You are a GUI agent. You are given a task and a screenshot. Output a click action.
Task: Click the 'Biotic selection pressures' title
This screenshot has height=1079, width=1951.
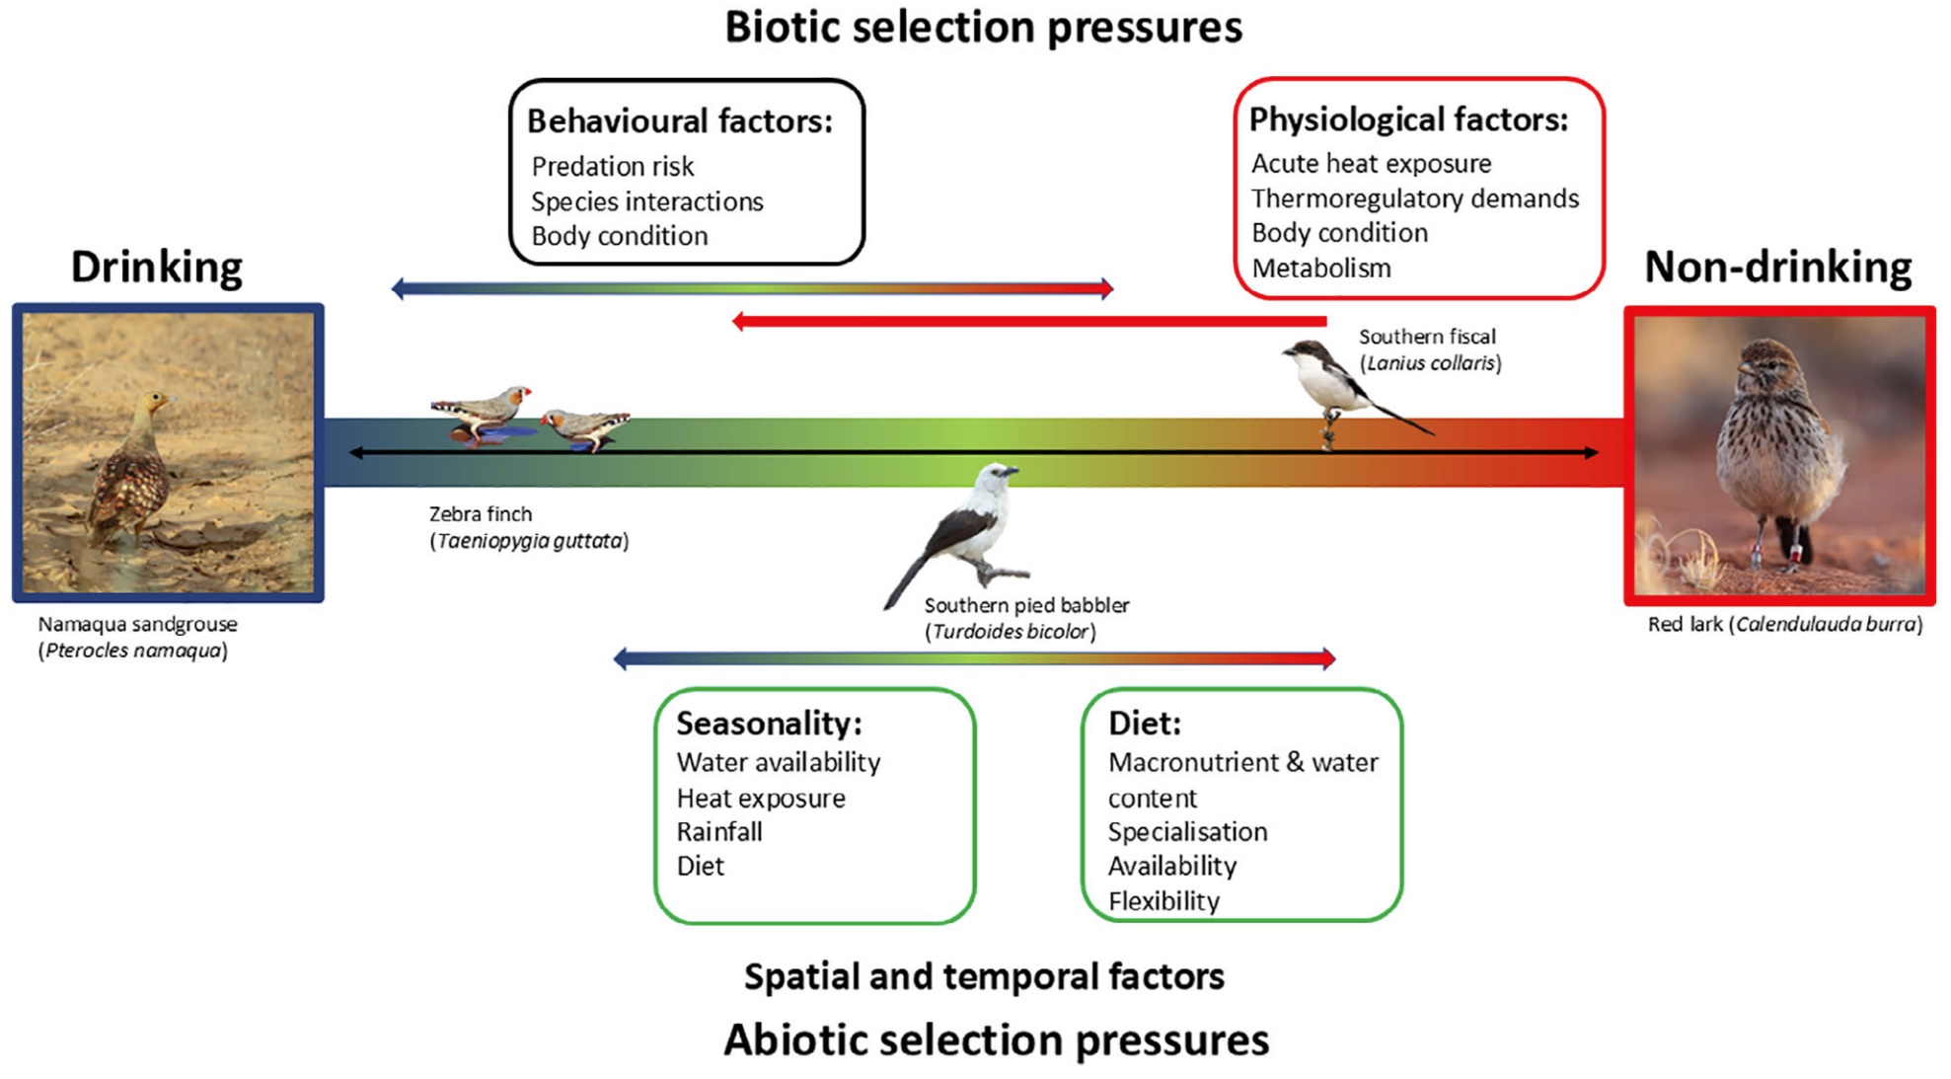pos(983,28)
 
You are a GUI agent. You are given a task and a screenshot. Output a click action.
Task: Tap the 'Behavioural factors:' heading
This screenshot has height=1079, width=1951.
pos(680,120)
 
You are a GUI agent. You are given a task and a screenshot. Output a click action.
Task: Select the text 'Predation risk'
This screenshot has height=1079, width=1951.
pos(612,166)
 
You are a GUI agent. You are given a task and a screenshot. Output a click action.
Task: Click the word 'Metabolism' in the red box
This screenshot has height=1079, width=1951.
pos(1320,268)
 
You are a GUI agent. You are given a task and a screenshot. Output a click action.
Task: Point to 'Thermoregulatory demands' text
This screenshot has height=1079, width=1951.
pos(1414,198)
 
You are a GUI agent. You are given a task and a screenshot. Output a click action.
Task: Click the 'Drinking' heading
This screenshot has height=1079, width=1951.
pos(156,267)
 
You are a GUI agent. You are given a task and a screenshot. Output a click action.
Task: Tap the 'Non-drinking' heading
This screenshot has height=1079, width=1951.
pos(1777,267)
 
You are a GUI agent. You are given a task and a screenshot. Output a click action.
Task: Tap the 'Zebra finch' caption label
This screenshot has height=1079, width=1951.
pos(481,513)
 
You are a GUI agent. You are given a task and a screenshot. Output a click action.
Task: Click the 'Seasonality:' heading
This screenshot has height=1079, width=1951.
pos(769,723)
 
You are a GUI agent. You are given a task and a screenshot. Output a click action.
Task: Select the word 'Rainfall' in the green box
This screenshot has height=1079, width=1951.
pos(719,831)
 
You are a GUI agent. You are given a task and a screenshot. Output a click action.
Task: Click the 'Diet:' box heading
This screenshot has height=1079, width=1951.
pos(1144,723)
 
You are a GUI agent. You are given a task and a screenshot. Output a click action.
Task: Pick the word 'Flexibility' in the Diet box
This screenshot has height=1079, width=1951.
pos(1163,900)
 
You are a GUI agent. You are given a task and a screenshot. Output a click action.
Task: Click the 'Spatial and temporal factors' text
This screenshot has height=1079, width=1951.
pos(984,975)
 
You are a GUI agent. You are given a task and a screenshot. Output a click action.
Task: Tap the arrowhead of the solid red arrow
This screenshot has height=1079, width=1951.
pos(739,321)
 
